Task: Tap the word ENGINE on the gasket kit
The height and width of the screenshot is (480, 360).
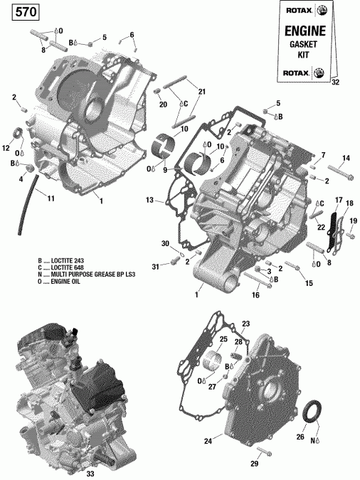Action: (305, 31)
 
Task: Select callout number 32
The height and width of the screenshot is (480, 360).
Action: (335, 82)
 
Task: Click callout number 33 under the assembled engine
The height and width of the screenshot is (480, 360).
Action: (90, 472)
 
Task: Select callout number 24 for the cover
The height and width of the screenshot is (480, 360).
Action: (208, 442)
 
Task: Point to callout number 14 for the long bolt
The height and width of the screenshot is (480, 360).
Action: (346, 158)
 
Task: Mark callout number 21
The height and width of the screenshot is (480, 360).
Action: (201, 92)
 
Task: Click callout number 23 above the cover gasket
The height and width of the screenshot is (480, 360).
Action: (245, 324)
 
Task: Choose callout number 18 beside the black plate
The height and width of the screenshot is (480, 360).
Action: (349, 204)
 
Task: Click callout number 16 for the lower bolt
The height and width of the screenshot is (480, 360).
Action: (254, 294)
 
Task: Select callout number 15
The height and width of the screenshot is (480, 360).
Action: (309, 283)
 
